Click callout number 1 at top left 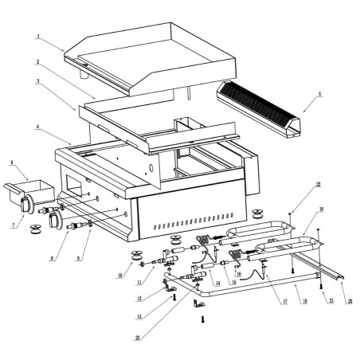(37, 37)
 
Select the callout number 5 (320, 95)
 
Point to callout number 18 (321, 210)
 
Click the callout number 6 (13, 162)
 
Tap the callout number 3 (37, 80)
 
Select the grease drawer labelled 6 (32, 189)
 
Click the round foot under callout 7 (36, 230)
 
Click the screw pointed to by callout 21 (320, 285)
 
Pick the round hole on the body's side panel (151, 168)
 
